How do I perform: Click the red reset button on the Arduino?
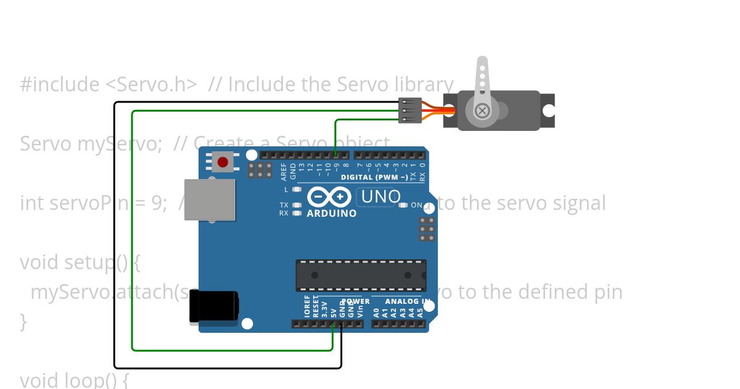point(223,162)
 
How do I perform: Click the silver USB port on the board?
point(210,199)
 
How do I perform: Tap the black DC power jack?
point(213,306)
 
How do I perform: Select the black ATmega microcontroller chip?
point(361,275)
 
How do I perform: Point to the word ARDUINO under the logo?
point(332,214)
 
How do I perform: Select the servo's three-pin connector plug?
point(410,111)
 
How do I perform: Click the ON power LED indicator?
point(403,205)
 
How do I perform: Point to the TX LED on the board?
point(297,205)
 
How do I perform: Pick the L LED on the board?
point(297,190)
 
